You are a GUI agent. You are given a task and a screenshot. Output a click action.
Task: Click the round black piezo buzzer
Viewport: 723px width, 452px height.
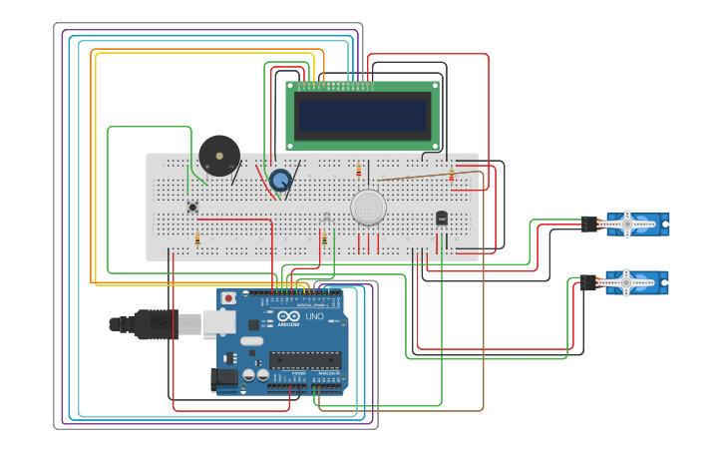(x=219, y=156)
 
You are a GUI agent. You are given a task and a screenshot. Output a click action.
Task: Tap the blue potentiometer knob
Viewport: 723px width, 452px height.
(x=280, y=181)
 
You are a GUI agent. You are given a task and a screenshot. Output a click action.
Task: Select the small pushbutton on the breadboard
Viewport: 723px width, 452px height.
(x=192, y=207)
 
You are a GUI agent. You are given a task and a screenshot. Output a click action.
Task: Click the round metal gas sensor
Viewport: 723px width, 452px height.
(x=368, y=207)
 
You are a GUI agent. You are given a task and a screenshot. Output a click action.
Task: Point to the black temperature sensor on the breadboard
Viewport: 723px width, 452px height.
(x=442, y=218)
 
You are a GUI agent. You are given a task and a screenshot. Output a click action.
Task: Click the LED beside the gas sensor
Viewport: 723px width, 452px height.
(x=326, y=217)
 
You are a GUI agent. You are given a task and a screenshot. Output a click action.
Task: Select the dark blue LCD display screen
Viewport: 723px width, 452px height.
(x=361, y=116)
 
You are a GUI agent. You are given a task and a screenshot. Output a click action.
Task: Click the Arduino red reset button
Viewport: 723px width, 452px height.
(x=229, y=298)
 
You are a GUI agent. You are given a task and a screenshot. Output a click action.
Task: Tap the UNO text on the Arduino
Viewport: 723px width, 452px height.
(x=313, y=316)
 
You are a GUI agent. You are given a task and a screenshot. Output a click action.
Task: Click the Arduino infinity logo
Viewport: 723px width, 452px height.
(x=288, y=315)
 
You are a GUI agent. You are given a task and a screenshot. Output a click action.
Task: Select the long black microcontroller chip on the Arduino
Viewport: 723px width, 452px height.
(x=306, y=359)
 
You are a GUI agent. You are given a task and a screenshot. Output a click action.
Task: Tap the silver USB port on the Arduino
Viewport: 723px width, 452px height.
(x=219, y=322)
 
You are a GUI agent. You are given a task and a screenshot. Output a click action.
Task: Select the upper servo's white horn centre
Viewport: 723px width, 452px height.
(x=627, y=224)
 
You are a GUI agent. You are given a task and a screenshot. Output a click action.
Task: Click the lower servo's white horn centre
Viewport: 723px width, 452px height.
(x=626, y=283)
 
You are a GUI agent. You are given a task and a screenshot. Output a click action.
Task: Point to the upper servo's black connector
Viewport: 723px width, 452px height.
(x=589, y=224)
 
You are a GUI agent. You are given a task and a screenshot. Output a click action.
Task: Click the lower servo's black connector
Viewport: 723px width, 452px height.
(x=589, y=283)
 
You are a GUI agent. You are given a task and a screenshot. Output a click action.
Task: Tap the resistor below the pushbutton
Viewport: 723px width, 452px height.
(x=197, y=239)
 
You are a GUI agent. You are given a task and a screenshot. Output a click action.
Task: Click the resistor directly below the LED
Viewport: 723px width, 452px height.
(x=324, y=239)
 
